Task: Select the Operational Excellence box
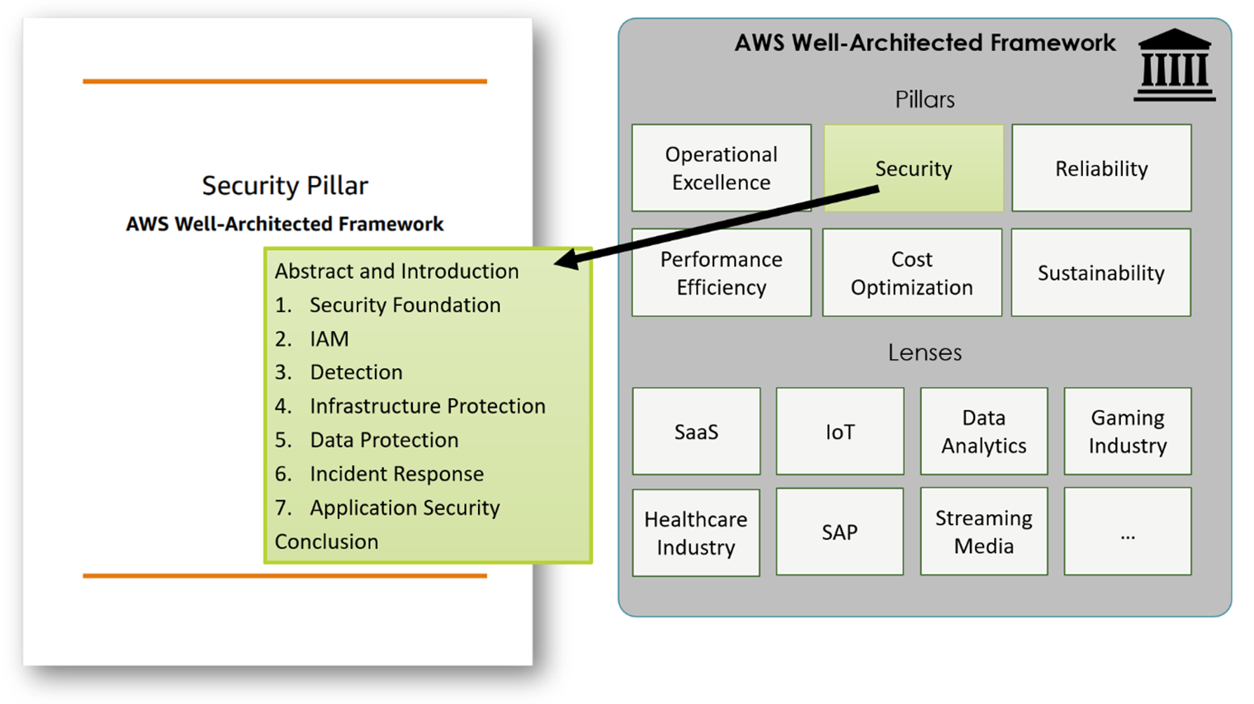pyautogui.click(x=721, y=168)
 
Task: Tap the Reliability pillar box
pyautogui.click(x=1101, y=168)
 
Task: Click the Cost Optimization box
pyautogui.click(x=911, y=272)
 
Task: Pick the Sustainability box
pyautogui.click(x=1100, y=272)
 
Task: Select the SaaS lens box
pyautogui.click(x=696, y=431)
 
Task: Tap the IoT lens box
pyautogui.click(x=840, y=431)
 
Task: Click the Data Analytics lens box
pyautogui.click(x=983, y=431)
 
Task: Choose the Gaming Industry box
pyautogui.click(x=1127, y=431)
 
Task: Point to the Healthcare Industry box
pyautogui.click(x=696, y=532)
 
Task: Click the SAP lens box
pyautogui.click(x=840, y=532)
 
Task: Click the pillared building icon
pyautogui.click(x=1174, y=66)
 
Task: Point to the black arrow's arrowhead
pyautogui.click(x=564, y=261)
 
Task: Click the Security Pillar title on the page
pyautogui.click(x=285, y=185)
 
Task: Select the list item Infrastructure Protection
pyautogui.click(x=427, y=406)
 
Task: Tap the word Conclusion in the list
pyautogui.click(x=326, y=541)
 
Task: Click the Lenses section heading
pyautogui.click(x=925, y=352)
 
